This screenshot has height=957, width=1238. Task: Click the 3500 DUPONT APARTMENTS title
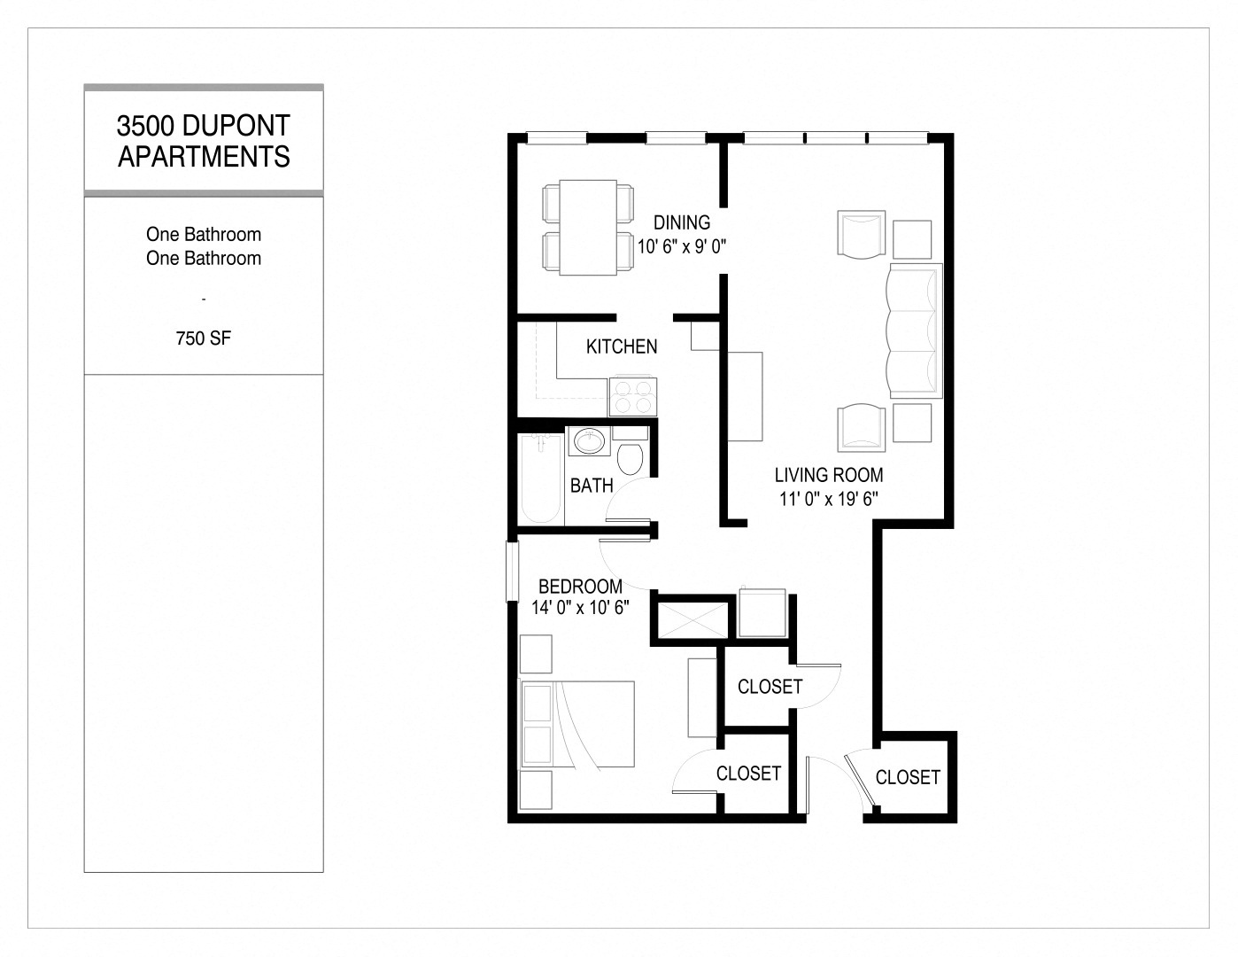tap(204, 141)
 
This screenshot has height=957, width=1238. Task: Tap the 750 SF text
tap(204, 338)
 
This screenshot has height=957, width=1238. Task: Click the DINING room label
tap(682, 222)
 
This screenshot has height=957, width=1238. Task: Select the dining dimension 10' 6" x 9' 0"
tap(682, 245)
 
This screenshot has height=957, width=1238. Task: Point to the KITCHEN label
tap(622, 346)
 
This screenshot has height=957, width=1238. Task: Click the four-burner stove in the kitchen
tap(633, 396)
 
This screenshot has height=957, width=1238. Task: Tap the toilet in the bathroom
tap(630, 458)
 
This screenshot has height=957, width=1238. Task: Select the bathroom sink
tap(587, 440)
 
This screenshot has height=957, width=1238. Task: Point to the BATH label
tap(592, 486)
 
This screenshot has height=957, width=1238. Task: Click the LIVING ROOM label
tap(829, 475)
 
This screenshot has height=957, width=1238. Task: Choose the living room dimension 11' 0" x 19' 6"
tap(829, 498)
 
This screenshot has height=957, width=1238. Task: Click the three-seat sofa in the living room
tap(914, 330)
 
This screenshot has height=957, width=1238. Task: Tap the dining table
tap(588, 227)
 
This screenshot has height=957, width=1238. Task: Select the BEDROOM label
tap(580, 586)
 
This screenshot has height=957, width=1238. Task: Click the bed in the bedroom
tap(577, 724)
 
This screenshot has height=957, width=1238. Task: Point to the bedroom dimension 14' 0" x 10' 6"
tap(580, 608)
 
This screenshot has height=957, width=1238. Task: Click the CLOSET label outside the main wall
tap(908, 777)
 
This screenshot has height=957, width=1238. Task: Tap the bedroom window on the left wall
tap(511, 572)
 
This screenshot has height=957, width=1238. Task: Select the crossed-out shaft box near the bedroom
tap(691, 617)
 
